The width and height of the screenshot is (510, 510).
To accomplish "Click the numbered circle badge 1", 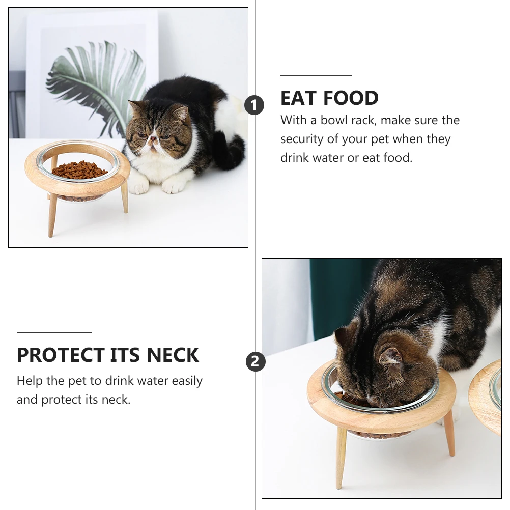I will tap(254, 106).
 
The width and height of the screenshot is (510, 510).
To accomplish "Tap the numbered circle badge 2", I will tap(256, 362).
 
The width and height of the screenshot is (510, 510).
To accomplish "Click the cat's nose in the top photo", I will tap(152, 137).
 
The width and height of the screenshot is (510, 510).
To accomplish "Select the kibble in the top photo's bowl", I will tap(79, 169).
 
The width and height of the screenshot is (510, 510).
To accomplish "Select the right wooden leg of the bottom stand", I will tap(449, 433).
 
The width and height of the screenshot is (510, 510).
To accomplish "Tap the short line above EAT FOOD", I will tap(316, 75).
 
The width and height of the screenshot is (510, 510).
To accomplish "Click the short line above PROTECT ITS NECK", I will tap(54, 332).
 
